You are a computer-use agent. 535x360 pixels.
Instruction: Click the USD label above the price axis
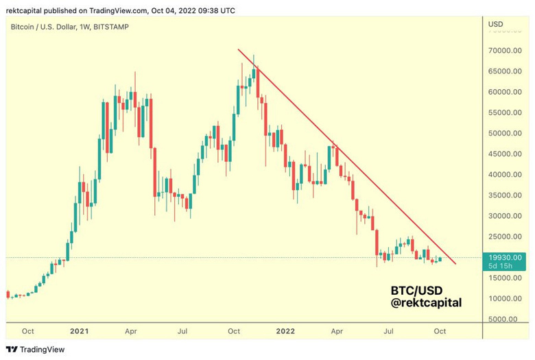[x=495, y=25]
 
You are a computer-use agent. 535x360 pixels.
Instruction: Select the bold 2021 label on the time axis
[x=80, y=331]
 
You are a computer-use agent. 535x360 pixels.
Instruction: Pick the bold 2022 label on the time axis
[x=285, y=331]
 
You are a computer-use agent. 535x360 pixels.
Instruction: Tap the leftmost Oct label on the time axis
[x=28, y=331]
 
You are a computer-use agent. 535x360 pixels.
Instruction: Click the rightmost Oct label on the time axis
[x=440, y=331]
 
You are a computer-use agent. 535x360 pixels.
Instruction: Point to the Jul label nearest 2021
[x=183, y=331]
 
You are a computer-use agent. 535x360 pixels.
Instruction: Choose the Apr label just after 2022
[x=337, y=331]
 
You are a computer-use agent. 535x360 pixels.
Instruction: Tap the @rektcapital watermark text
[x=426, y=302]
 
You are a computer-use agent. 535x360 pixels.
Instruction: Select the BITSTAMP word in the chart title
[x=109, y=27]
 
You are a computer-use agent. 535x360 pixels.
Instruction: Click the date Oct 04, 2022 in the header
[x=189, y=10]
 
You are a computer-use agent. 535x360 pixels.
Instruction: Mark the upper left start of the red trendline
[x=238, y=49]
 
